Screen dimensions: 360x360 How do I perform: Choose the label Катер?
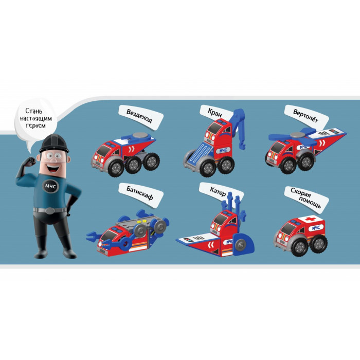click(x=218, y=191)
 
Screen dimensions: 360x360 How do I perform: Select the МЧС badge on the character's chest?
click(x=51, y=186)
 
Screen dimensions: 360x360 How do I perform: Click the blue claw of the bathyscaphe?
click(x=94, y=236)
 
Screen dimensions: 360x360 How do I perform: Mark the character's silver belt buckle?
click(x=50, y=211)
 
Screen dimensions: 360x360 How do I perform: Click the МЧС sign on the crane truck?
click(x=223, y=150)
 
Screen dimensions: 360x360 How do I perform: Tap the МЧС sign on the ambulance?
click(x=316, y=227)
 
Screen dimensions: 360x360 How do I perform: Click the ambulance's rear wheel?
click(x=319, y=243)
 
